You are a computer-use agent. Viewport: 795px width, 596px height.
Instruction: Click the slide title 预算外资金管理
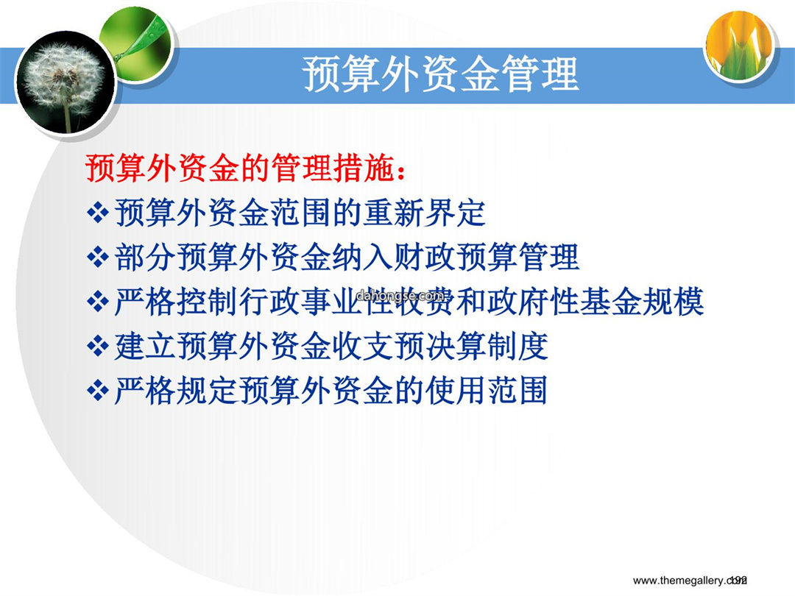[x=441, y=74]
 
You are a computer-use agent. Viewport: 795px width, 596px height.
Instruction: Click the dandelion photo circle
[x=66, y=82]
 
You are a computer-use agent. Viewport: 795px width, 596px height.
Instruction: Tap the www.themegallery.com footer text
[x=690, y=581]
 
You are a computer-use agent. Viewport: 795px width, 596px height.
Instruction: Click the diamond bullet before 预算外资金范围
[x=98, y=213]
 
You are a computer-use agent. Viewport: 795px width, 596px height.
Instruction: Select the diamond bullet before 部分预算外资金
[x=98, y=258]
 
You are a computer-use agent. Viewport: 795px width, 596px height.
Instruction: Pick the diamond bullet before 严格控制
[x=98, y=302]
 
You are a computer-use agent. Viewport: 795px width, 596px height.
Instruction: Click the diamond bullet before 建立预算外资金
[x=98, y=347]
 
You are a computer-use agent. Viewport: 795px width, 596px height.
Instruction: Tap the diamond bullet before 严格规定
[x=98, y=391]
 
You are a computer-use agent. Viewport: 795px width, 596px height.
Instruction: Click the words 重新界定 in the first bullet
[x=425, y=213]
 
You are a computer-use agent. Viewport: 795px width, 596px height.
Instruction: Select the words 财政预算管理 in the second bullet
[x=487, y=258]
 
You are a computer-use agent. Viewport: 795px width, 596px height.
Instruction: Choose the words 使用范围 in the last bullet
[x=487, y=391]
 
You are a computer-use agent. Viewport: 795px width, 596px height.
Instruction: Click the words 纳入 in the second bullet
[x=363, y=258]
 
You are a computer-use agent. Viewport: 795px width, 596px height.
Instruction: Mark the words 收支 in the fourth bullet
[x=363, y=347]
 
